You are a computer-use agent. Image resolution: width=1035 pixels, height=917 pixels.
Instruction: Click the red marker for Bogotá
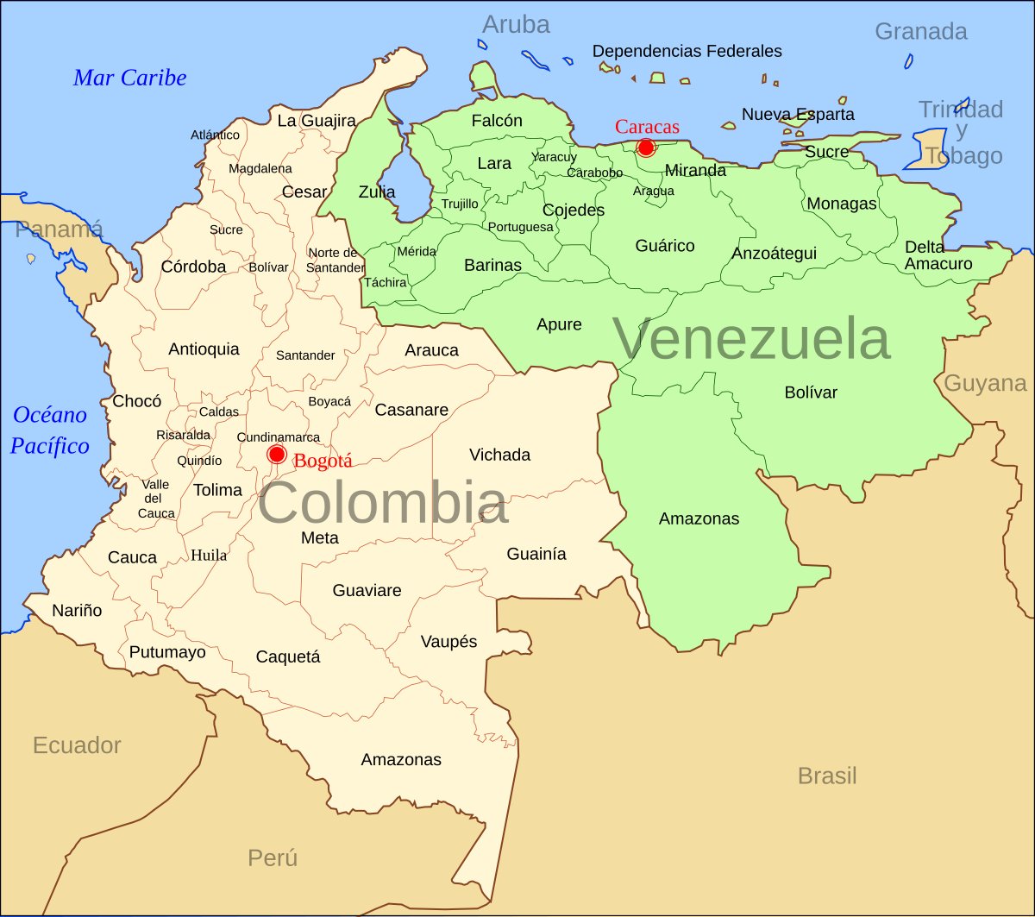pyautogui.click(x=277, y=455)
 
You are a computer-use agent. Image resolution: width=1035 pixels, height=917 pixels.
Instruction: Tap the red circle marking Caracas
pyautogui.click(x=645, y=148)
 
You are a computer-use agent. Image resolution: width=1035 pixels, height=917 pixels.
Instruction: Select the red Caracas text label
pyautogui.click(x=647, y=127)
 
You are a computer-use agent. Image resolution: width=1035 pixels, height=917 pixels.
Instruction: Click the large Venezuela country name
pyautogui.click(x=751, y=339)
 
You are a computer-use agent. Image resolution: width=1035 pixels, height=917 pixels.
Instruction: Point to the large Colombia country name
pyautogui.click(x=383, y=504)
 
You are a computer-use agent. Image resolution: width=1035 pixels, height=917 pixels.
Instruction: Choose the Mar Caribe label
pyautogui.click(x=129, y=79)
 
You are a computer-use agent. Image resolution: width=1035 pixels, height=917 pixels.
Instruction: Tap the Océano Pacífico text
pyautogui.click(x=51, y=430)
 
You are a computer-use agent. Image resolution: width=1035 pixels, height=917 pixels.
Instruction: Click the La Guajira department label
pyautogui.click(x=317, y=121)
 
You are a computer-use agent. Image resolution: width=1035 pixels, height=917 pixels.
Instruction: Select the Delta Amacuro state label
pyautogui.click(x=938, y=255)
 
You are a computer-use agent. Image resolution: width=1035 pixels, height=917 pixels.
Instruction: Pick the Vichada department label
pyautogui.click(x=499, y=455)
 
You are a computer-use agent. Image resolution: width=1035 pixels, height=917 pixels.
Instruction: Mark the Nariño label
pyautogui.click(x=77, y=611)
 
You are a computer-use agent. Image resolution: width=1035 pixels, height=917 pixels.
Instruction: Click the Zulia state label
pyautogui.click(x=377, y=192)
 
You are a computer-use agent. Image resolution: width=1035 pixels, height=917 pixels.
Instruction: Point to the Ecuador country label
pyautogui.click(x=77, y=745)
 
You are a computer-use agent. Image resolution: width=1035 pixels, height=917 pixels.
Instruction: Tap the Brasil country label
pyautogui.click(x=827, y=776)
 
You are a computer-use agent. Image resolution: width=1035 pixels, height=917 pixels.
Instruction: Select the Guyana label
pyautogui.click(x=985, y=384)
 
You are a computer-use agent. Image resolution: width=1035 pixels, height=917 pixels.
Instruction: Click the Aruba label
pyautogui.click(x=516, y=25)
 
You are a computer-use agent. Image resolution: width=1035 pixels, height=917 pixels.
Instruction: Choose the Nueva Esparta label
pyautogui.click(x=798, y=114)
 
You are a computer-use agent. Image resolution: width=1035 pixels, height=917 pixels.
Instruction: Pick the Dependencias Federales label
pyautogui.click(x=687, y=52)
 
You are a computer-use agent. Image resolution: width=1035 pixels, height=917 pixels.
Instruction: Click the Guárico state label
pyautogui.click(x=665, y=246)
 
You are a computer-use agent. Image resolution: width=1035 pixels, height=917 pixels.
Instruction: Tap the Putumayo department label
pyautogui.click(x=167, y=652)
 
